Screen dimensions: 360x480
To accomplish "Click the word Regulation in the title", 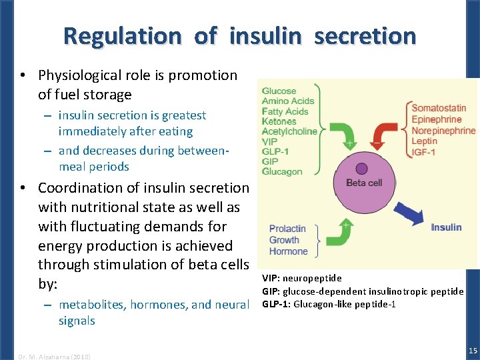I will [x=122, y=35].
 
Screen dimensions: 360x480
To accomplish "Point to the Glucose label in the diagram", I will [x=279, y=91].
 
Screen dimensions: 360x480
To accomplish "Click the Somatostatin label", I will [x=439, y=108].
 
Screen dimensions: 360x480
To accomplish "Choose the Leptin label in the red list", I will [x=425, y=141].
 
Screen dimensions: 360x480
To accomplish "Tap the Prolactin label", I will [x=289, y=229].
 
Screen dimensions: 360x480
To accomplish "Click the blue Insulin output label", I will [x=446, y=227].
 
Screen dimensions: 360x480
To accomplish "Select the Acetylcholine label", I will [x=289, y=131].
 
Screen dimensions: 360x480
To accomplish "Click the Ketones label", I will [x=279, y=121].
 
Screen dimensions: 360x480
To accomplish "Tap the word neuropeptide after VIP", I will [x=311, y=278].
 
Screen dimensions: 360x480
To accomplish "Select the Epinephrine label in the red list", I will [x=437, y=119].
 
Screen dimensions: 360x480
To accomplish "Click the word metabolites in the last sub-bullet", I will [x=89, y=305].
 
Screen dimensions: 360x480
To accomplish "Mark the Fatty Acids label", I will [x=285, y=111].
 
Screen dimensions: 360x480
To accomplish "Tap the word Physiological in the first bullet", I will [x=83, y=75].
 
